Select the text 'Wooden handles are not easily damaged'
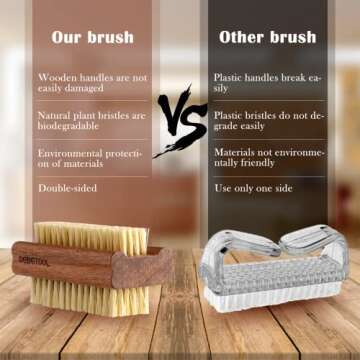pos(90,83)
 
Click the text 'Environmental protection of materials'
pos(90,158)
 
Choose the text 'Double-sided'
pos(65,187)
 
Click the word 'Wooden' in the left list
pos(58,77)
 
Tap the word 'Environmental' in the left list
pos(72,152)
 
